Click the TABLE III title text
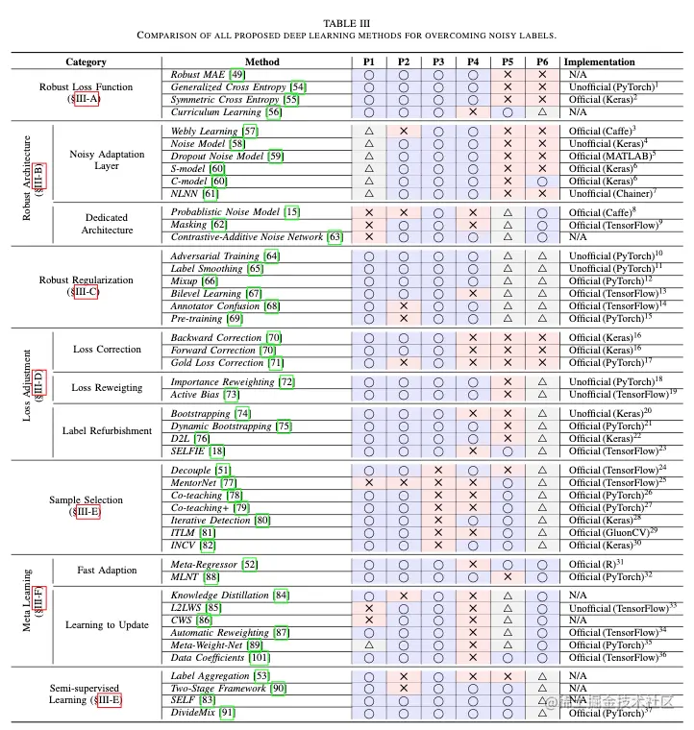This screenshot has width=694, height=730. (346, 20)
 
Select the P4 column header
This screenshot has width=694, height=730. (472, 62)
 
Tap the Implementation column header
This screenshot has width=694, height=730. (599, 62)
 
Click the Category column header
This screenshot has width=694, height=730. (86, 62)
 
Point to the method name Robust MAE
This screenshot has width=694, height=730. (198, 75)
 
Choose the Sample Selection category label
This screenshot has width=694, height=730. (87, 500)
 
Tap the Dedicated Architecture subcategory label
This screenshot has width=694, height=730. (107, 224)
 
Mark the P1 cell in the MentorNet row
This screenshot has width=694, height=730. (369, 482)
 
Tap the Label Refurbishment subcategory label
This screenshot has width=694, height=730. (107, 431)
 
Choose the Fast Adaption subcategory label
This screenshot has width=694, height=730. (107, 570)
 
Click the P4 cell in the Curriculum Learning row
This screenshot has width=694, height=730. (472, 112)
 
